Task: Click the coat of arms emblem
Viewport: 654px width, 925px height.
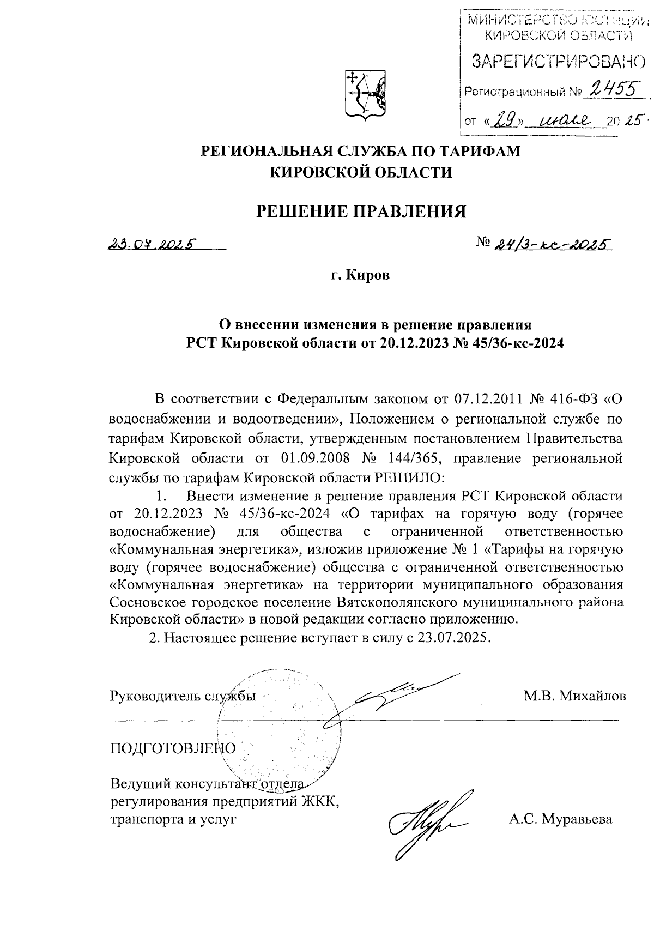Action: click(363, 93)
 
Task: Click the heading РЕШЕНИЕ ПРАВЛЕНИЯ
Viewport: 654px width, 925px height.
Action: click(361, 211)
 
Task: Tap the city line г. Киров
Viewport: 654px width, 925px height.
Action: click(361, 276)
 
